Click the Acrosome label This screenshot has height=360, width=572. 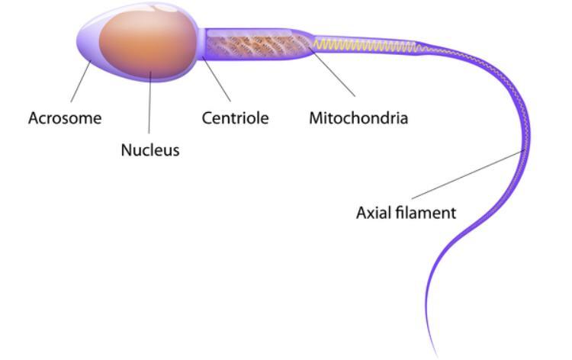65,118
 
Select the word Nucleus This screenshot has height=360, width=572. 150,150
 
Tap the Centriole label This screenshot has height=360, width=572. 236,118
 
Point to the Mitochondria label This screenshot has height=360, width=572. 358,118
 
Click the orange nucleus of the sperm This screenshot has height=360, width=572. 148,43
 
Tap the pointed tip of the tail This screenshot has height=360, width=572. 437,356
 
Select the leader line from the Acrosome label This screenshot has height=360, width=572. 81,82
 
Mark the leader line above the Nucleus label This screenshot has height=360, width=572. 149,102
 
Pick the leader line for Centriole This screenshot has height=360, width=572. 217,79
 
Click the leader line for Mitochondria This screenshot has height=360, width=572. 332,72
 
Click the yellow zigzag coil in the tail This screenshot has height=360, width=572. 365,45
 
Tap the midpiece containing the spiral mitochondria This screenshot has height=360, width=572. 257,44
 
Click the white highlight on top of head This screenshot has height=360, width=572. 164,8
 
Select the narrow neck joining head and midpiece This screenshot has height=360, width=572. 201,43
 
